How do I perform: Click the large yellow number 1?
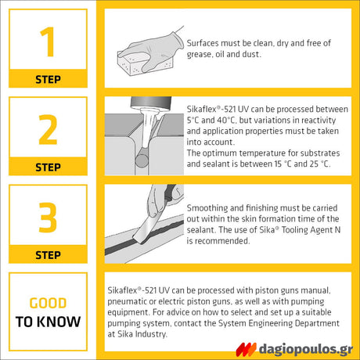pos(49,41)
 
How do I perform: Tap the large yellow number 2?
pos(48,130)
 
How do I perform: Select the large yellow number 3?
pos(48,218)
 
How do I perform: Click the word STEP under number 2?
pos(48,167)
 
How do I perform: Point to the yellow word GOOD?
pos(48,303)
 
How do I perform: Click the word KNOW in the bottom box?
pos(59,322)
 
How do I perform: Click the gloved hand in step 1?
pos(154,50)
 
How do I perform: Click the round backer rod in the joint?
pos(142,161)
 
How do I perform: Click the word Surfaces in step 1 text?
pos(203,43)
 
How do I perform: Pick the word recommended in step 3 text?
pos(222,241)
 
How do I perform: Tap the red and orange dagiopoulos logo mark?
pos(246,349)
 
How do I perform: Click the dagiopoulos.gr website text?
pos(306,349)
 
